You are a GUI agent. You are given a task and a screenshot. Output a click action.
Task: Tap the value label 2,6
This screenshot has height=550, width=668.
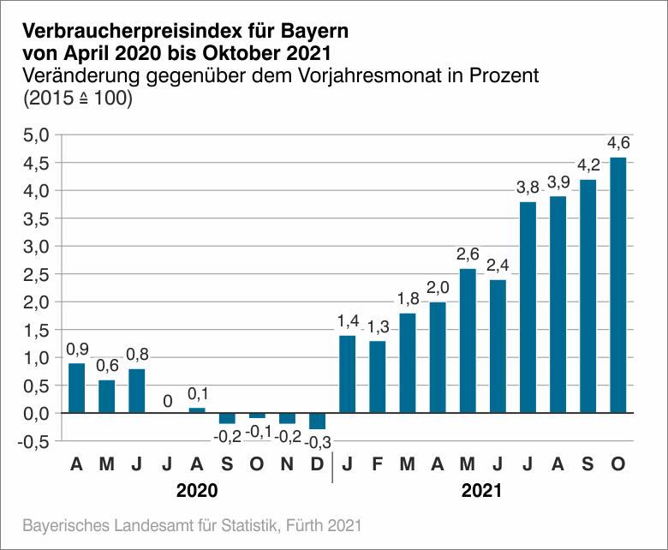468,254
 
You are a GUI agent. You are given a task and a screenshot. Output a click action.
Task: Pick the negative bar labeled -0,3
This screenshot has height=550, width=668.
318,421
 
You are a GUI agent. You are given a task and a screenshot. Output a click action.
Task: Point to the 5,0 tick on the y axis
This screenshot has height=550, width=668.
36,135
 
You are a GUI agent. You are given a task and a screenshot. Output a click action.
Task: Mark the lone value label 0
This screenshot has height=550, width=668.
167,400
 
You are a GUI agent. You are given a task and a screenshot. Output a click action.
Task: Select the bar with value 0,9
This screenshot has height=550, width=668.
77,388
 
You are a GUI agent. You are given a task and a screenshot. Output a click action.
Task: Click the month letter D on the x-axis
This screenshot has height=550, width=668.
318,465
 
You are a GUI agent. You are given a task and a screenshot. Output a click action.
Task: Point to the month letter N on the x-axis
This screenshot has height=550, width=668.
287,465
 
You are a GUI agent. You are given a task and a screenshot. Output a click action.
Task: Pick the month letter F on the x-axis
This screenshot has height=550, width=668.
378,465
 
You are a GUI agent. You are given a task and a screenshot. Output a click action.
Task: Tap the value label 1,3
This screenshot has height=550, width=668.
378,326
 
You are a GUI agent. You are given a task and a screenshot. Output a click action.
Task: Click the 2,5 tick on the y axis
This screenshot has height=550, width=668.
36,274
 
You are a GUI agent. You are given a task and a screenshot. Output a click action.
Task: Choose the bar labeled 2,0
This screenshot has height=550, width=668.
438,357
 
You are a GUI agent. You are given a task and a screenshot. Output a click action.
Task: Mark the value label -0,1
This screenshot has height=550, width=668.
258,432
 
